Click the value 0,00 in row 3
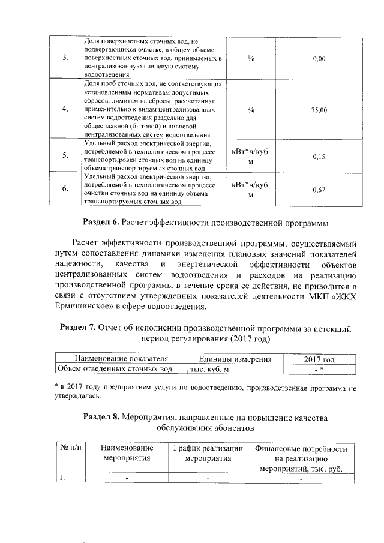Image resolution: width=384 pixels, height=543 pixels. point(319,58)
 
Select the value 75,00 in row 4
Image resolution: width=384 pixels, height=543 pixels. point(319,110)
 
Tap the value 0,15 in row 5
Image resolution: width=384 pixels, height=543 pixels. point(319,157)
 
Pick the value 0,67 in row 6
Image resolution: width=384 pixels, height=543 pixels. point(319,190)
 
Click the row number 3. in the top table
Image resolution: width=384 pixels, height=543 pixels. point(65,58)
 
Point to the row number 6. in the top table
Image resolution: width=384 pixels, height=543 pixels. point(65,190)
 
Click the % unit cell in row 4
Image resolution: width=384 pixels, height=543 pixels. point(251,110)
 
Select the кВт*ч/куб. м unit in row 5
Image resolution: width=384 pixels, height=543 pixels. point(251,157)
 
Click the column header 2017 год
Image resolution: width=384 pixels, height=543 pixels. point(319,359)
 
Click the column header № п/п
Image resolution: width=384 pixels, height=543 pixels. point(70,448)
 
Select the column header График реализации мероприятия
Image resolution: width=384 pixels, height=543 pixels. point(208,453)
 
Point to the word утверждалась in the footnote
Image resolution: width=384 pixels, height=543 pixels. point(77,397)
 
